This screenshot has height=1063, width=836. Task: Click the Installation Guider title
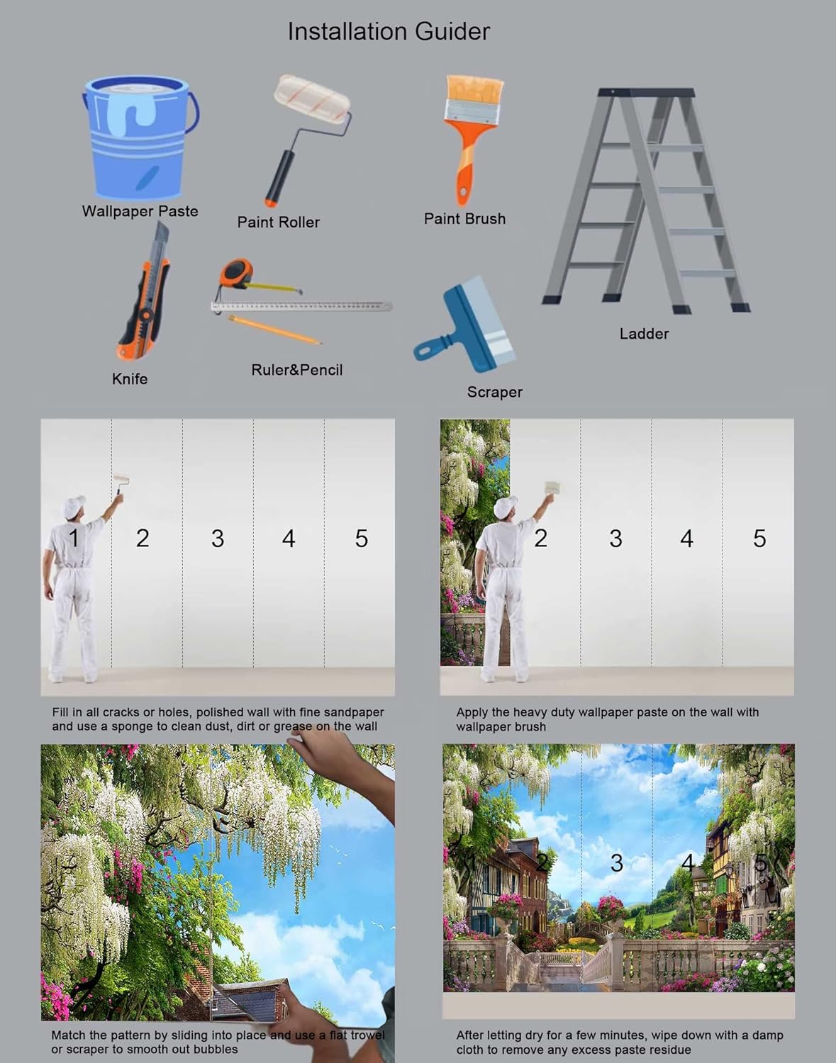click(x=388, y=31)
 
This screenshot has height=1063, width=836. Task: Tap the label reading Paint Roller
click(x=278, y=222)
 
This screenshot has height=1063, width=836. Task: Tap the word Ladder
click(x=644, y=334)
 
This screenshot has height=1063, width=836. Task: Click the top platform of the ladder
click(x=645, y=93)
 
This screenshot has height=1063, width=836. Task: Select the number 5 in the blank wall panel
click(x=361, y=539)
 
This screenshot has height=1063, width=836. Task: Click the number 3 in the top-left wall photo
click(x=217, y=539)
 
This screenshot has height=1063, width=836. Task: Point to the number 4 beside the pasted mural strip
click(x=686, y=539)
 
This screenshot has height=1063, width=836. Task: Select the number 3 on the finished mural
click(x=617, y=862)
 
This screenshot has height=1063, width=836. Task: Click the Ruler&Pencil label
click(x=296, y=370)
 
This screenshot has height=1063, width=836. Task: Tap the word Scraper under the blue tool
click(x=494, y=392)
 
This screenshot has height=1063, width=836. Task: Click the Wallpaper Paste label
click(x=140, y=211)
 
